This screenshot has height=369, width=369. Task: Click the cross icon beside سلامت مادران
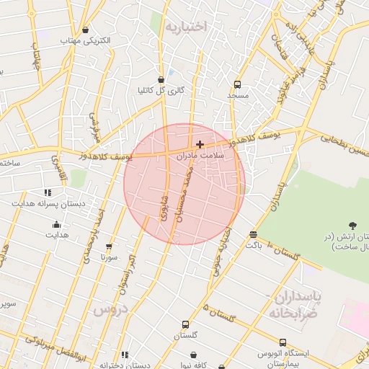pos(200,145)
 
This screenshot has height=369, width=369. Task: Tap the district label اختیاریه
pos(186,27)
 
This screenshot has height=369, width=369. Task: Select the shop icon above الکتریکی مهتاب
pos(86,30)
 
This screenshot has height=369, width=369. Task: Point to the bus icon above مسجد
pos(237,84)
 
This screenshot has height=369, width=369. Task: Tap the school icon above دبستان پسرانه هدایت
pos(48,192)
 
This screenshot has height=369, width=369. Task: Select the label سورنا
pos(109,257)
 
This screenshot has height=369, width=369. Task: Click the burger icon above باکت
pos(253,234)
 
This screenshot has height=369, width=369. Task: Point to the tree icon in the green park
pos(352,226)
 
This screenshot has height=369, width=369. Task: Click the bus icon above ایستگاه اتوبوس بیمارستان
pos(283,342)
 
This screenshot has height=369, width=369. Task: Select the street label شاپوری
pos(163,206)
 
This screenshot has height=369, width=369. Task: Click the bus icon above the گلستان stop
pos(186,325)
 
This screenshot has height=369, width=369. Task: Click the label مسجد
pos(238,95)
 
